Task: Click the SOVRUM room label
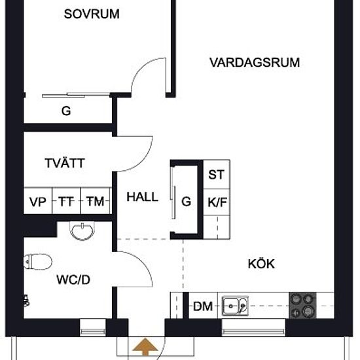pos(92,14)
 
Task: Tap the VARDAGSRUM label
pos(255,62)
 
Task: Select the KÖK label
pos(261,264)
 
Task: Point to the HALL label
pos(142,197)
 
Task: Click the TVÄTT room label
pos(65,163)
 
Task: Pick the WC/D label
pos(73,279)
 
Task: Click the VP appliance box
pos(38,201)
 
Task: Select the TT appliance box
pos(67,201)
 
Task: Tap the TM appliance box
pos(96,201)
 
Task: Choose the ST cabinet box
pos(217,175)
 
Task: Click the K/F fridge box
pos(217,202)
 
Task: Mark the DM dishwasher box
pos(203,306)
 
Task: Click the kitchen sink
pos(235,306)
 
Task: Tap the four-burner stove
pos(302,306)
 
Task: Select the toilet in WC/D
pos(38,262)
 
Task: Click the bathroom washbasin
pos(82,231)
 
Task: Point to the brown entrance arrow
pos(145,347)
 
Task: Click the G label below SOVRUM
pos(66,111)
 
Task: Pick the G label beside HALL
pos(186,202)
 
